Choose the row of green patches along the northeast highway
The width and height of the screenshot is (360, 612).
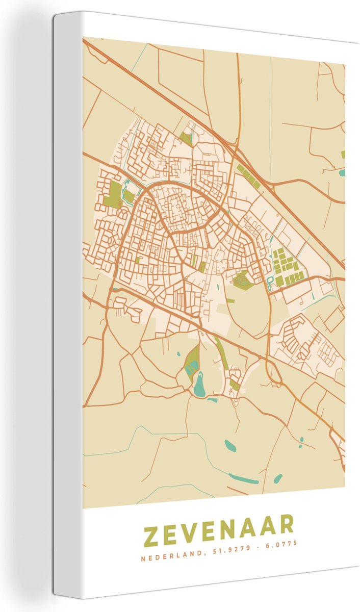(x=249, y=175)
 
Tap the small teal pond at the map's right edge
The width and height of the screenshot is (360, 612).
(x=341, y=172)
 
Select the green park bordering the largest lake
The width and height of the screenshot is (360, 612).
(x=192, y=360)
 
